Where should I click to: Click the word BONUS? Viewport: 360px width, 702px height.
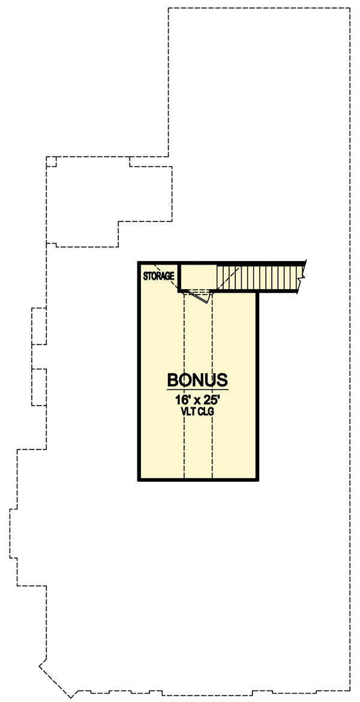click(197, 380)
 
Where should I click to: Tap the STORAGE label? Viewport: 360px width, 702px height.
click(159, 277)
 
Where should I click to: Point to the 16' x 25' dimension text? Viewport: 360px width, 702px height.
click(197, 399)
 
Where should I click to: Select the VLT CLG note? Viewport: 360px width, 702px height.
click(197, 412)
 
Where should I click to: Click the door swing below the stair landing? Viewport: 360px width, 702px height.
click(201, 296)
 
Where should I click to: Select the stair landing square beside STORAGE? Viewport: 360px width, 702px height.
click(198, 277)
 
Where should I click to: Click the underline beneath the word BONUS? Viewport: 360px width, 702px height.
click(197, 389)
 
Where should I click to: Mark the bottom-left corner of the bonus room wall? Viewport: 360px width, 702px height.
click(139, 479)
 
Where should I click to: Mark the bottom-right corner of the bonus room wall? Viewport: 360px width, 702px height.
click(257, 479)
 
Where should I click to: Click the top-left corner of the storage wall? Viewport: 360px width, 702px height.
click(139, 263)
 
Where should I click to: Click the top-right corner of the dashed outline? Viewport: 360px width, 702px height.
click(350, 8)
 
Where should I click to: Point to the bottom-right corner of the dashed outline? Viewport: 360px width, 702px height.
click(350, 688)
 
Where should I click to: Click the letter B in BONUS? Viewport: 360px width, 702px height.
click(172, 380)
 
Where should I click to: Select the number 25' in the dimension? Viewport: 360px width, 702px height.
click(211, 399)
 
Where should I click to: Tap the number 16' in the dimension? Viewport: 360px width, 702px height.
click(182, 399)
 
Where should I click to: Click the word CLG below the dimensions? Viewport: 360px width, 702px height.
click(206, 412)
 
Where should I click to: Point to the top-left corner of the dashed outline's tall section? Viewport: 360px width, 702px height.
click(169, 8)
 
